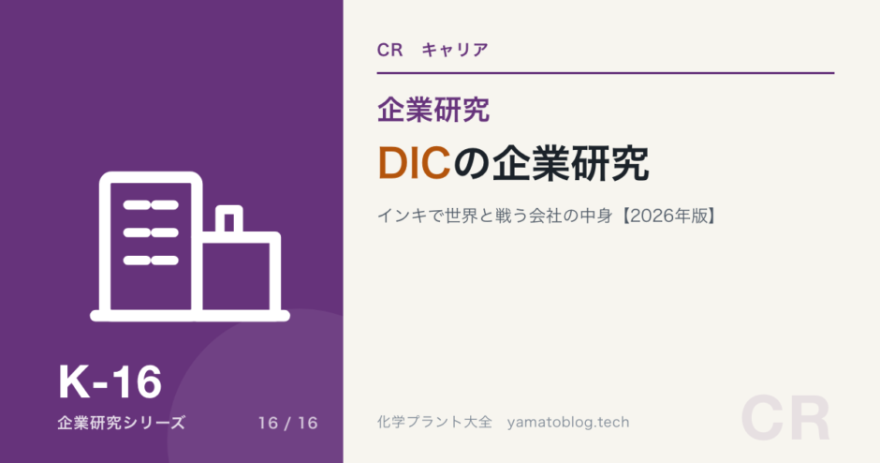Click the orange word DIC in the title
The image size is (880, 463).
(415, 163)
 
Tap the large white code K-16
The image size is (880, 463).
(110, 382)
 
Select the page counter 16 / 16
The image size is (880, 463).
(288, 423)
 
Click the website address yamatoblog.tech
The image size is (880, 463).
(568, 423)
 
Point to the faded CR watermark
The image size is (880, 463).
(785, 419)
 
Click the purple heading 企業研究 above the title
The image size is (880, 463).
(433, 110)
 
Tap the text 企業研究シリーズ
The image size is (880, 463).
(121, 423)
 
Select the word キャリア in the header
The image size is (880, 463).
(455, 50)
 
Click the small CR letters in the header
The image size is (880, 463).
(390, 50)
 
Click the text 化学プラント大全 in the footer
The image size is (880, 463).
(434, 422)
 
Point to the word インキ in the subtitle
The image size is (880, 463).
(403, 216)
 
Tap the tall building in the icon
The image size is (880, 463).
(151, 246)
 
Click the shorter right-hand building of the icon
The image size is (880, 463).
(242, 276)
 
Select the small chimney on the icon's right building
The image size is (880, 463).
(229, 219)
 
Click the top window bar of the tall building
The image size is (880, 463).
(151, 205)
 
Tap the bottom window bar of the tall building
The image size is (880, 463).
(151, 261)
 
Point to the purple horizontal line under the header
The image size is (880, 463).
(606, 73)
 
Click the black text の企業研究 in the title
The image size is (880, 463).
(551, 163)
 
